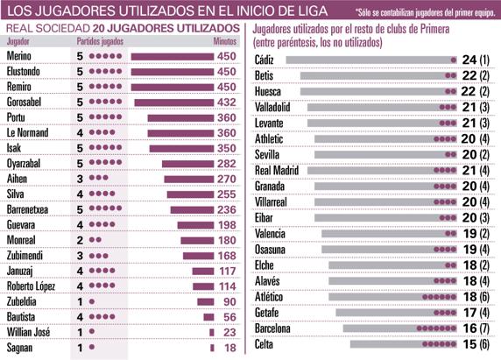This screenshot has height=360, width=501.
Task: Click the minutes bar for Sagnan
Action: coord(211,348)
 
